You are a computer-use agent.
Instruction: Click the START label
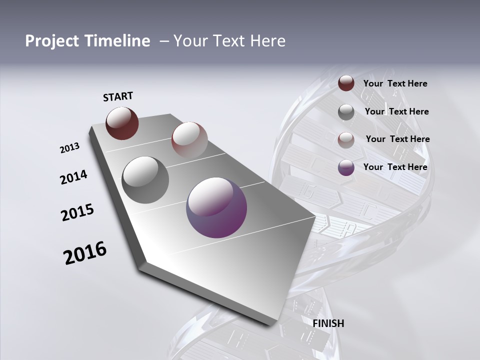click(x=118, y=96)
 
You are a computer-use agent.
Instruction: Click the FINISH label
click(x=328, y=323)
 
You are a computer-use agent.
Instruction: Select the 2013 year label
click(x=69, y=148)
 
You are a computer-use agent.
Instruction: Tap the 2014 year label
click(x=73, y=177)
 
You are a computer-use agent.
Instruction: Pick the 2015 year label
click(x=77, y=212)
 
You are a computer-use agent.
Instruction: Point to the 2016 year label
click(x=85, y=253)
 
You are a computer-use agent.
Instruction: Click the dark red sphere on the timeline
click(x=122, y=123)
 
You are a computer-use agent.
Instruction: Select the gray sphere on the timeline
click(x=145, y=180)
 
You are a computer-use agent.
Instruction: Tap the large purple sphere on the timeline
click(x=216, y=207)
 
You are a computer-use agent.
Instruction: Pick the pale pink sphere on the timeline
click(x=189, y=140)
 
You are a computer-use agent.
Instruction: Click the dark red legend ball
click(x=346, y=83)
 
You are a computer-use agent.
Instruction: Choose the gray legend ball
click(x=346, y=112)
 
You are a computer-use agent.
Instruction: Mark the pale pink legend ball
click(x=346, y=139)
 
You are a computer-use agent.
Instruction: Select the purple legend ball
click(x=346, y=167)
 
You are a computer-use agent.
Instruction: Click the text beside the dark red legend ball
click(x=395, y=83)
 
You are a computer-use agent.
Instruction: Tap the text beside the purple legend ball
click(x=395, y=167)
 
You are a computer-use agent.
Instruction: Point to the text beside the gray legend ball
click(x=396, y=111)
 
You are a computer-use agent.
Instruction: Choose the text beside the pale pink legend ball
click(x=397, y=139)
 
